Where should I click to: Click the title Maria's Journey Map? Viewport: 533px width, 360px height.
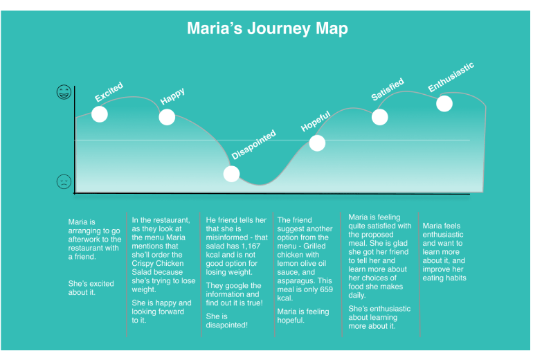pyautogui.click(x=267, y=29)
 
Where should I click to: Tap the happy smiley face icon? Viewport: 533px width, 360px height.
pyautogui.click(x=64, y=92)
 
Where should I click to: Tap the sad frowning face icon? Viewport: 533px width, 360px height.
pyautogui.click(x=64, y=181)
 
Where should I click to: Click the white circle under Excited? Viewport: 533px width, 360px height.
pyautogui.click(x=100, y=114)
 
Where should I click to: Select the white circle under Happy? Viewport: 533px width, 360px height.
pyautogui.click(x=167, y=116)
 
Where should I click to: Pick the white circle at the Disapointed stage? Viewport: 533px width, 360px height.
pyautogui.click(x=232, y=174)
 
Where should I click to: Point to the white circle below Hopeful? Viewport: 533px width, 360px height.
pyautogui.click(x=317, y=143)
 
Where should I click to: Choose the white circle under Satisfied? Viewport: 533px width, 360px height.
pyautogui.click(x=380, y=116)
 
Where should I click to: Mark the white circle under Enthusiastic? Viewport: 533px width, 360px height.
pyautogui.click(x=444, y=103)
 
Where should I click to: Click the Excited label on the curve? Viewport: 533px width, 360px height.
pyautogui.click(x=109, y=92)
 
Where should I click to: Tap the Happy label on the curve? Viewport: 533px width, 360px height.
pyautogui.click(x=172, y=98)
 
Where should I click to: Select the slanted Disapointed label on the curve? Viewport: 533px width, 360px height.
pyautogui.click(x=253, y=145)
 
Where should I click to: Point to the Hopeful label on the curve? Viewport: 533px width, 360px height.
pyautogui.click(x=315, y=120)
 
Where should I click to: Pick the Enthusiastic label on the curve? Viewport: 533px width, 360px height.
pyautogui.click(x=451, y=77)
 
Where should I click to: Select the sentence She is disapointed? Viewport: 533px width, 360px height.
pyautogui.click(x=226, y=321)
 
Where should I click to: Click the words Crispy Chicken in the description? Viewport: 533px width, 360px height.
pyautogui.click(x=158, y=263)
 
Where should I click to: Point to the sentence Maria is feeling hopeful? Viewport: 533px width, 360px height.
pyautogui.click(x=303, y=316)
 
